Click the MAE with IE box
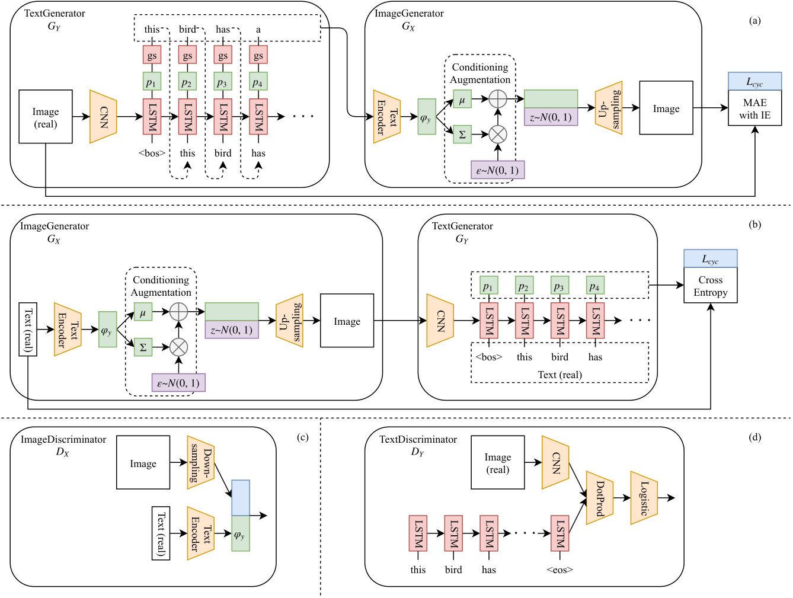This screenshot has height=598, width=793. (754, 108)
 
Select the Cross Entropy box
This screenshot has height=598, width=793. (710, 285)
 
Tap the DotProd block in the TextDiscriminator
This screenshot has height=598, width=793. (600, 498)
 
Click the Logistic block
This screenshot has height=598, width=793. (644, 498)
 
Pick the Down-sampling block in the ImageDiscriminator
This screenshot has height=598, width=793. (200, 462)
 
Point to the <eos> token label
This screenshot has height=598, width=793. (559, 570)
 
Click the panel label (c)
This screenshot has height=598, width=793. (302, 437)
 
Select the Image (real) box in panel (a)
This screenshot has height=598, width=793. (46, 116)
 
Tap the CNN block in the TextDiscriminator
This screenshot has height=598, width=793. (555, 462)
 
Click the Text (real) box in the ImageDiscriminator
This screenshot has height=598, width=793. (161, 533)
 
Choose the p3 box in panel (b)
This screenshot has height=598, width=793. (559, 285)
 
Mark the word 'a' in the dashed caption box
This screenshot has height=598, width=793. (258, 30)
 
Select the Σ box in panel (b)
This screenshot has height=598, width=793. (143, 347)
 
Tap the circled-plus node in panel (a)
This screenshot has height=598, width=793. (498, 98)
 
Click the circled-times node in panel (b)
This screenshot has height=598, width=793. (178, 347)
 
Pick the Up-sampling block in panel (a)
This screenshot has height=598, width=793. (609, 108)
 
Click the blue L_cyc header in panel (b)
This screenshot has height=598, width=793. (710, 258)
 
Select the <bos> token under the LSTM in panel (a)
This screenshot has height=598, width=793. (152, 153)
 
